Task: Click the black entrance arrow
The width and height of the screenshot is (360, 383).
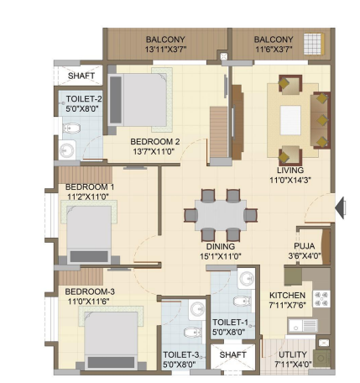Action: tap(340, 207)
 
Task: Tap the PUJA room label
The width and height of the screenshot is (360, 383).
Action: tap(304, 246)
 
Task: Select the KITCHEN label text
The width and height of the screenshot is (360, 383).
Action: tap(287, 296)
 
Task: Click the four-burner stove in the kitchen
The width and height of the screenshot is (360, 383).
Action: tap(321, 299)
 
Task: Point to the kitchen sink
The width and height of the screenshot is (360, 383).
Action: tap(303, 326)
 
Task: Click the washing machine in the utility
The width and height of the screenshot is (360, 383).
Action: tap(321, 359)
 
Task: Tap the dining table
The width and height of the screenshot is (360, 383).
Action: tap(221, 215)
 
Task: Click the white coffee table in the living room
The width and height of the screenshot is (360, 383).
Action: tap(290, 120)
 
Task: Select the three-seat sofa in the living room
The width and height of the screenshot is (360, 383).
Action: tap(321, 120)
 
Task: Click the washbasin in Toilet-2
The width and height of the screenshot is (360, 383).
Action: tap(67, 150)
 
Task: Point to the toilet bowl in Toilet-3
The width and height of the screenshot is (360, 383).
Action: tap(193, 332)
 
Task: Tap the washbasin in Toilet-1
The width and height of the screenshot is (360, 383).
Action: tap(247, 279)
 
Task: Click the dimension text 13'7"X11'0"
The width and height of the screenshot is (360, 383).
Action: tap(154, 151)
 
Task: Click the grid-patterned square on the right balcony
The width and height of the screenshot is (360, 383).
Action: tap(313, 44)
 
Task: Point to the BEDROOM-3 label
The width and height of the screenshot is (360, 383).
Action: tap(90, 291)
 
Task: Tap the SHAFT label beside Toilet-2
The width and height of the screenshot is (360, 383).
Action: tap(81, 76)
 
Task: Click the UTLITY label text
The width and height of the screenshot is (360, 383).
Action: tap(293, 354)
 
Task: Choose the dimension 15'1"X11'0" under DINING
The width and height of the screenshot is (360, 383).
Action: tap(221, 256)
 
